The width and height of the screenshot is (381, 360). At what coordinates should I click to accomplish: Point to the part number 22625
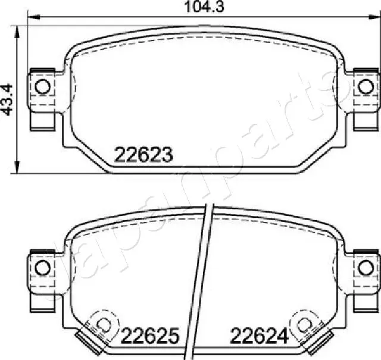(150, 337)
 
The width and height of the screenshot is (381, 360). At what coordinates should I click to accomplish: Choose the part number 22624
(260, 337)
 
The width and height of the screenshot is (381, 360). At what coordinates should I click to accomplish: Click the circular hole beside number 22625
(104, 324)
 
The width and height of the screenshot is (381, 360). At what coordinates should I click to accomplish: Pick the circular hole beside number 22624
(304, 324)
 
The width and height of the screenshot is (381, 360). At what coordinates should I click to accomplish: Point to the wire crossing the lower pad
(203, 280)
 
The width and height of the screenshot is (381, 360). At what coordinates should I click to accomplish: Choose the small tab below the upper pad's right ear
(364, 121)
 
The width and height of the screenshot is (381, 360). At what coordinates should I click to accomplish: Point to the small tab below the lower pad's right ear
(364, 300)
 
